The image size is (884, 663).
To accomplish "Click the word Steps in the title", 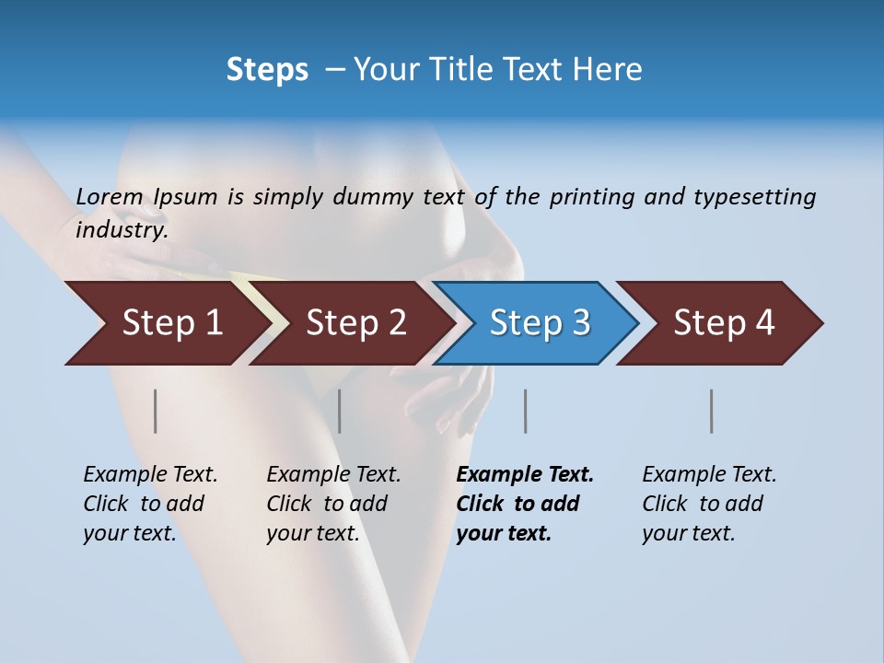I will click(x=267, y=70).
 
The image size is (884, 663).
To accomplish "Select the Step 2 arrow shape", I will click(x=355, y=323).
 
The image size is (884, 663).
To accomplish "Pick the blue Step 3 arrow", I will click(x=539, y=323).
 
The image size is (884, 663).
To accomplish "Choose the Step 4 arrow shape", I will click(x=723, y=323).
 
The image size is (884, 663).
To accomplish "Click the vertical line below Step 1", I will click(x=156, y=411).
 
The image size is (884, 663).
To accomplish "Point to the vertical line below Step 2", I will click(x=340, y=411).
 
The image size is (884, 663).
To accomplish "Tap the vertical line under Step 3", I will click(x=526, y=411).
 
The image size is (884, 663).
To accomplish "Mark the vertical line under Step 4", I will click(x=712, y=411).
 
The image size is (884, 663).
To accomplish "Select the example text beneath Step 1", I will click(x=149, y=504).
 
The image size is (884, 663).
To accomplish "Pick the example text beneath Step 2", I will click(x=332, y=504).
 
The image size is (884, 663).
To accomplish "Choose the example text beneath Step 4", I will click(x=708, y=504).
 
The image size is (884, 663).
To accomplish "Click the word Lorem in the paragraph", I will click(x=110, y=197).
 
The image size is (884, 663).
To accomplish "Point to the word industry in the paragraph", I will click(x=122, y=230).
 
